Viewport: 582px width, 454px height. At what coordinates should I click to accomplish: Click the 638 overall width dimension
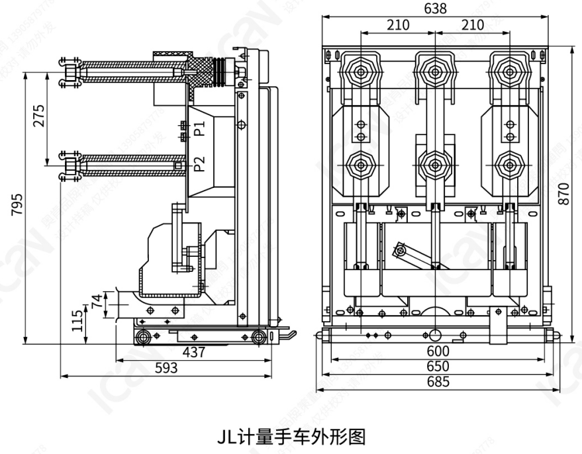[436, 9]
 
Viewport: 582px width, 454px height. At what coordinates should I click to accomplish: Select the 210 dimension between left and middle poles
[398, 25]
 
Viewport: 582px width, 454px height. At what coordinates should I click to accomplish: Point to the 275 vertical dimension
[38, 116]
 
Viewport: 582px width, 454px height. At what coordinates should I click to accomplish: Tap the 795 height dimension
[16, 206]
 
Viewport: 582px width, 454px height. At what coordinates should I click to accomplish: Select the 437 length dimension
[193, 353]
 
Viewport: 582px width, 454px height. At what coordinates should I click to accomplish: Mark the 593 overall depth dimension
[166, 369]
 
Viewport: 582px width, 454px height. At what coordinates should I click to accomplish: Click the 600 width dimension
[438, 351]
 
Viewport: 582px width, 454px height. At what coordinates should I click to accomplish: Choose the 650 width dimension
[438, 366]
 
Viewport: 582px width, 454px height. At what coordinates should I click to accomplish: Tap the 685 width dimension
[438, 381]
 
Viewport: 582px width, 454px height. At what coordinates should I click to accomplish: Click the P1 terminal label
[200, 128]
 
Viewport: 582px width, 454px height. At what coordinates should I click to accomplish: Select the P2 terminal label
[200, 163]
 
